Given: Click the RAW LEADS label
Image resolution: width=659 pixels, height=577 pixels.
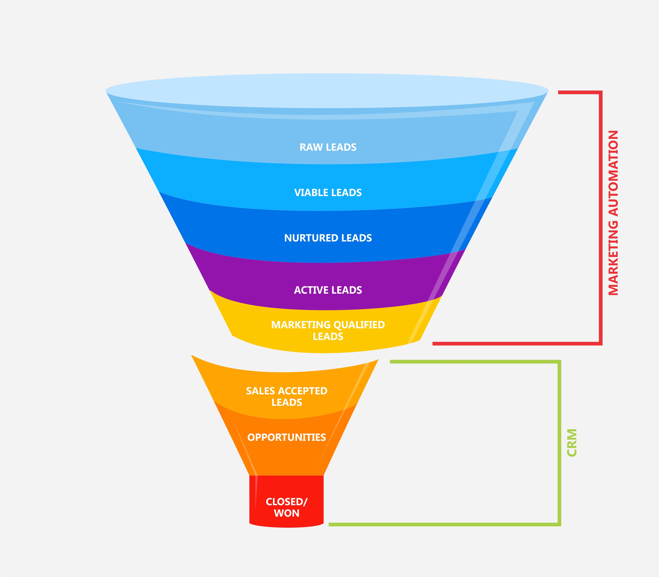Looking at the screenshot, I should point(328,147).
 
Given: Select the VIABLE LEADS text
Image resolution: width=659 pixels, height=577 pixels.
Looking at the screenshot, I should point(328,193).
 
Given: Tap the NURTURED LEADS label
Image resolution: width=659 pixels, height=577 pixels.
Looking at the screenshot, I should point(328,238).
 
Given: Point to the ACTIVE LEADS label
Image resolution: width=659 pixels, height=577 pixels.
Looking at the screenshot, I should point(328,290).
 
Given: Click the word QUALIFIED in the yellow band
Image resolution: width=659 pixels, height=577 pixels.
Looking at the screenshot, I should point(359,325).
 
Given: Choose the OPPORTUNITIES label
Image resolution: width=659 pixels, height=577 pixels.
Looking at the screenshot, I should point(286,437).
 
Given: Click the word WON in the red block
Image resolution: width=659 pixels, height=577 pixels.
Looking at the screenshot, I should point(286,513).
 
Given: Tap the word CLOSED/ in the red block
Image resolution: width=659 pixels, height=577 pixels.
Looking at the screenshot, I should point(286,502).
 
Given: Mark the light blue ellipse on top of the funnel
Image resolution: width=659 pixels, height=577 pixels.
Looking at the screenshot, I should point(327,90).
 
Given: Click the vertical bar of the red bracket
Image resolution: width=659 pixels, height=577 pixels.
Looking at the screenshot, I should point(600,219).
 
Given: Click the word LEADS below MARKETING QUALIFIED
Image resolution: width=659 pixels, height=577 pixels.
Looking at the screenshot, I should point(328,336).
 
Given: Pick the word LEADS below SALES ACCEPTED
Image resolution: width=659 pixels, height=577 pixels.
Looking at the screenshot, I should point(286,403).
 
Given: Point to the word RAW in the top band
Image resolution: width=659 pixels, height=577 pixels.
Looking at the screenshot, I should point(311,147).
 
